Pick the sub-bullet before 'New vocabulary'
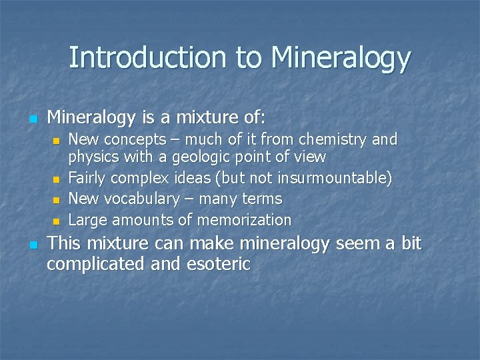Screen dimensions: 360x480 (57, 200)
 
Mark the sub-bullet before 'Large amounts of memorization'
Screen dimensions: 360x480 (57, 221)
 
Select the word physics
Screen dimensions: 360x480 (90, 158)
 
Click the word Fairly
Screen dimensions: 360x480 (89, 179)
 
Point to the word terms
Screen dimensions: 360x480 (263, 199)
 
